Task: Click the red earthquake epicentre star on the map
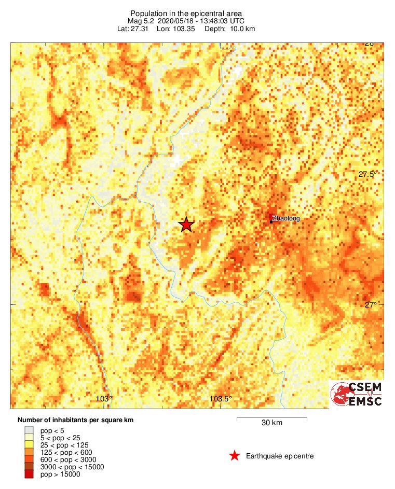pos(186,225)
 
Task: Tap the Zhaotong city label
pos(286,219)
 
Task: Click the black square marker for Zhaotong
pos(271,221)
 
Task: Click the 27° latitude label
pos(370,305)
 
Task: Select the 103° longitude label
pos(104,399)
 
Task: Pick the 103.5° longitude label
pos(221,399)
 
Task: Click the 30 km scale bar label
pos(271,423)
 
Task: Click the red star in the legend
pos(235,456)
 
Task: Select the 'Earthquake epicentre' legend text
pos(280,456)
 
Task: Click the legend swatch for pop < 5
pos(29,430)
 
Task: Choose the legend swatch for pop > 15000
pos(29,474)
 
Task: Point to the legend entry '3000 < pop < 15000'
pos(72,467)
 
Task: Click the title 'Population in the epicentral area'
pos(186,13)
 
